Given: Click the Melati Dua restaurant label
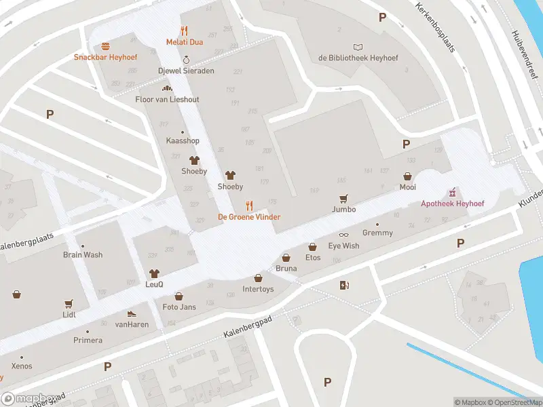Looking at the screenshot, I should [185, 42].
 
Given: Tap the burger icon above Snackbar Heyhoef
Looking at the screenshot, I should [105, 46].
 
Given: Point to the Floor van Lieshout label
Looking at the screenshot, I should [167, 99].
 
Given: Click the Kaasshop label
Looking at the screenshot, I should [183, 140].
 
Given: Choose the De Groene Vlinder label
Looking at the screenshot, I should [248, 216].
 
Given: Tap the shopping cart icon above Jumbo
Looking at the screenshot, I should [343, 198].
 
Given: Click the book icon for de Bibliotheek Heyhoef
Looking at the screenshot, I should [358, 47].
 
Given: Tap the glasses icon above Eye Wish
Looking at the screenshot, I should [343, 235].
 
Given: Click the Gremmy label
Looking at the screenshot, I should [377, 233].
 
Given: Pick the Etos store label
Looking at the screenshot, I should [312, 258].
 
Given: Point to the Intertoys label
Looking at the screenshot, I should [258, 289].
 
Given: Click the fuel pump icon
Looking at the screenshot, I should [345, 285].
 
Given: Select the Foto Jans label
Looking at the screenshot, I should [179, 307].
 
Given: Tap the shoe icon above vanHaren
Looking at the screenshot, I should [131, 314].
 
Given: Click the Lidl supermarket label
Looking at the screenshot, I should [69, 314].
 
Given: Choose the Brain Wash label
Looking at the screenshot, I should [83, 255].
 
